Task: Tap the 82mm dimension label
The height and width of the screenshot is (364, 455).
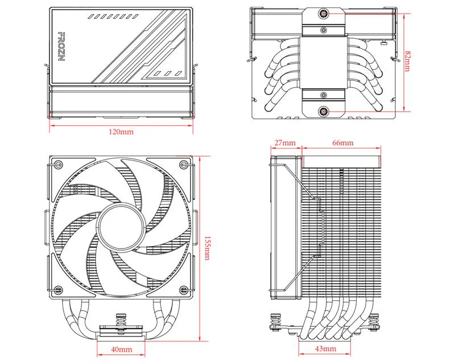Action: coord(407,61)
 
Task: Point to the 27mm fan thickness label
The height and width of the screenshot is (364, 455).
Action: coord(284,142)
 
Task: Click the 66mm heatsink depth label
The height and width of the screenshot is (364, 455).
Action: coord(342,142)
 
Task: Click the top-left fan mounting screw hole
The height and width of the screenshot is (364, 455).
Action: coord(57,166)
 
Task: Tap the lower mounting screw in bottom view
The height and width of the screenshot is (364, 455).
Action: coord(323,111)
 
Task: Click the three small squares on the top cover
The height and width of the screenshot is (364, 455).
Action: coord(167,73)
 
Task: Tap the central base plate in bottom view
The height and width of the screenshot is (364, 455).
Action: coord(323,63)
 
